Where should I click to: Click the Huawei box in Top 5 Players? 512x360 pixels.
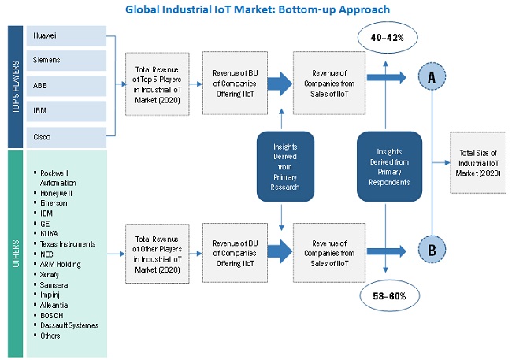67,35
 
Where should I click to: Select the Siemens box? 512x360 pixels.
67,59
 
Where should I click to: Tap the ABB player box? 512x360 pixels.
67,84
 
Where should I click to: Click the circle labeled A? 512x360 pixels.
432,76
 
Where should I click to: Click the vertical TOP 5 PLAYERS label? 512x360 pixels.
15,87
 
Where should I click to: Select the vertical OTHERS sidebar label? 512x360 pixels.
15,254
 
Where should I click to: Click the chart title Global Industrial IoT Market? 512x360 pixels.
256,9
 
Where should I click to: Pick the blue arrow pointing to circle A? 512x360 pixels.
398,76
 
